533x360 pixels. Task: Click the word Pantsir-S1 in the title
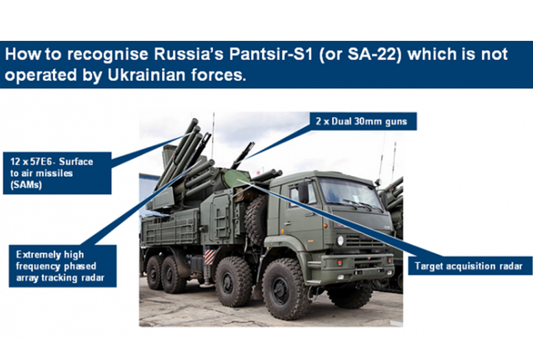coord(270,54)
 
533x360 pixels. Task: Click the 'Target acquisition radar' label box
coord(470,266)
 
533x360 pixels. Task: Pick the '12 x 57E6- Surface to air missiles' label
coord(57,173)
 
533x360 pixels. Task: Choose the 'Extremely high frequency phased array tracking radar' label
coord(63,266)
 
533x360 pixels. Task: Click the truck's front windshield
coord(349,193)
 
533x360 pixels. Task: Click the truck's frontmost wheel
coord(285,289)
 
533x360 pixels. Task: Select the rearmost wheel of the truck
coord(155,272)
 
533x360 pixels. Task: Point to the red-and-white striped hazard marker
coord(210,256)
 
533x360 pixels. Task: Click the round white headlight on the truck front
coord(341,240)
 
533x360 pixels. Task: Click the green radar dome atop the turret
coord(236,178)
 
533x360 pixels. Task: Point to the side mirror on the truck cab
coord(303,193)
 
